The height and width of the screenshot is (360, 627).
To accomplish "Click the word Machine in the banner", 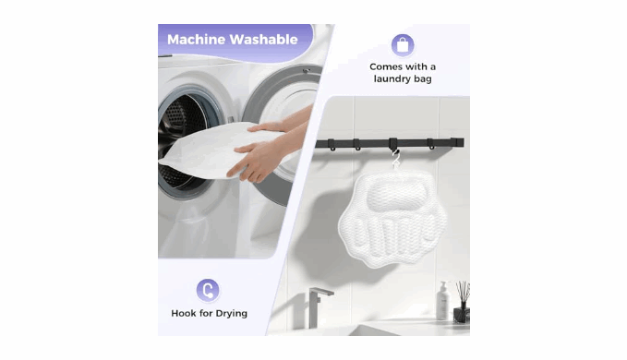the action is (196, 40).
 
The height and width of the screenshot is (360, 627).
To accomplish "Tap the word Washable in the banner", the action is (264, 40).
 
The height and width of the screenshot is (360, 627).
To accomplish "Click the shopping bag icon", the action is (403, 45).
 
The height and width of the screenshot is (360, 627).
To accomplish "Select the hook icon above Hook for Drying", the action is (208, 290).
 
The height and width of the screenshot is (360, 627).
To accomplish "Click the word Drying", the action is (230, 314).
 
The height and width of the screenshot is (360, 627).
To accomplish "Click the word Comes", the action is (384, 66).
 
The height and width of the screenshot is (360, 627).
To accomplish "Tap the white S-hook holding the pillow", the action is (396, 160).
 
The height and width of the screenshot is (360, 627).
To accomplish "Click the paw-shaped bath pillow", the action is (392, 220).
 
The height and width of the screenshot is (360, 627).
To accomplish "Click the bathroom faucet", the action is (319, 306).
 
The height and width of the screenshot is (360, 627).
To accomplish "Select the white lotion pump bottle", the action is (443, 301).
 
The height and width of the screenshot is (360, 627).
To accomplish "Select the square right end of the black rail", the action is (459, 142).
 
